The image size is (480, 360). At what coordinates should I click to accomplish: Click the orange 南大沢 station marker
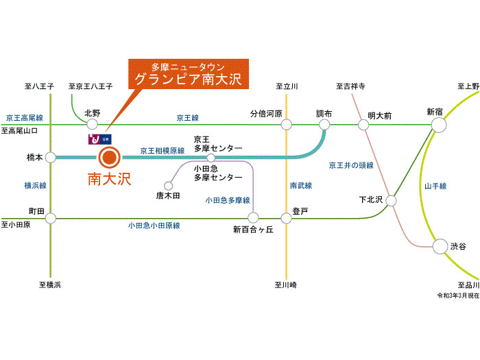[x=109, y=157]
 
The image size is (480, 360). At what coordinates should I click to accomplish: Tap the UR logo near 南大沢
[x=100, y=139]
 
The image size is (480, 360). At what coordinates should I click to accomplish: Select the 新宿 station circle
[x=439, y=125]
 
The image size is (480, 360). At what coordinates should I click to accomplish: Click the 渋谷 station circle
[x=440, y=246]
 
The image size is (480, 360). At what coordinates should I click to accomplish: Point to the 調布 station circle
[x=324, y=125]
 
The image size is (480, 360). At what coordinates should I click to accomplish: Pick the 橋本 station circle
[x=51, y=158]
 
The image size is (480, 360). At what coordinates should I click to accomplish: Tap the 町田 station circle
[x=51, y=218]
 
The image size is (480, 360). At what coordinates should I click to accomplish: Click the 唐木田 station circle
[x=169, y=186]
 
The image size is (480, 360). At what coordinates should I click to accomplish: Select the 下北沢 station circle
[x=391, y=201]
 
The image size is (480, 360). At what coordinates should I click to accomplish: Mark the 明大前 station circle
[x=363, y=125]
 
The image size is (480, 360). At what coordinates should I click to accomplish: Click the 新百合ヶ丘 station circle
[x=253, y=217]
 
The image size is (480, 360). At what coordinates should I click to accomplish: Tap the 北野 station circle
[x=92, y=124]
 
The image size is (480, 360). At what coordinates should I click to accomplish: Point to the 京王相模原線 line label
[x=163, y=151]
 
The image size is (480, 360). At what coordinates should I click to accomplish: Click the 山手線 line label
[x=435, y=186]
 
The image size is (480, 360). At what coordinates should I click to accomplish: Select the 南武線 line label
[x=301, y=185]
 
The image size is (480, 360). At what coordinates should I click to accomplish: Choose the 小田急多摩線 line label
[x=228, y=200]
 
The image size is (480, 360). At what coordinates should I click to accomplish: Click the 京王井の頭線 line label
[x=351, y=165]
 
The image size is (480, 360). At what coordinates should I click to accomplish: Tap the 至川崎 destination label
[x=286, y=285]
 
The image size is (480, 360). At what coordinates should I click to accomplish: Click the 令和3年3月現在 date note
[x=458, y=296]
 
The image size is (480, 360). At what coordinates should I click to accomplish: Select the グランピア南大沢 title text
[x=189, y=80]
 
